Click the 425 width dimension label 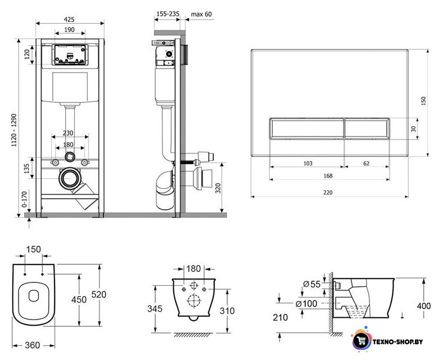click(x=69, y=19)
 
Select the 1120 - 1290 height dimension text click(x=14, y=130)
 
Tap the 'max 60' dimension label click(x=201, y=14)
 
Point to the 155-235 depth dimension click(x=168, y=14)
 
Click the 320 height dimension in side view click(x=218, y=188)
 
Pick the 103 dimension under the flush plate click(x=308, y=163)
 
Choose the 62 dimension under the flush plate click(x=366, y=163)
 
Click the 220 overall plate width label click(x=328, y=192)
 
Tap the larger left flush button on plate click(x=306, y=128)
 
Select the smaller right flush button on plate click(x=367, y=128)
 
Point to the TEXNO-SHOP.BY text click(x=398, y=341)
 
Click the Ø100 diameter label click(x=306, y=304)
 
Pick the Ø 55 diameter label click(x=312, y=284)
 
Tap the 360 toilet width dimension click(x=33, y=345)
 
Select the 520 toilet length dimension click(x=98, y=294)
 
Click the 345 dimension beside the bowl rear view click(x=155, y=309)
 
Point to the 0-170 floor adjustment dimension click(x=24, y=199)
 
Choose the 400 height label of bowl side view click(x=423, y=306)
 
